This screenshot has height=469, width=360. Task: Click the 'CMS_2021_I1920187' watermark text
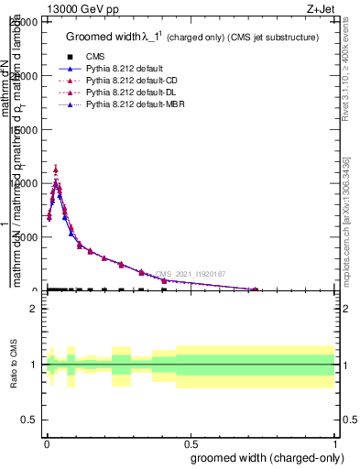tap(191, 274)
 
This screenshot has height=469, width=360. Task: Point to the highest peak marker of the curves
tap(56, 169)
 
